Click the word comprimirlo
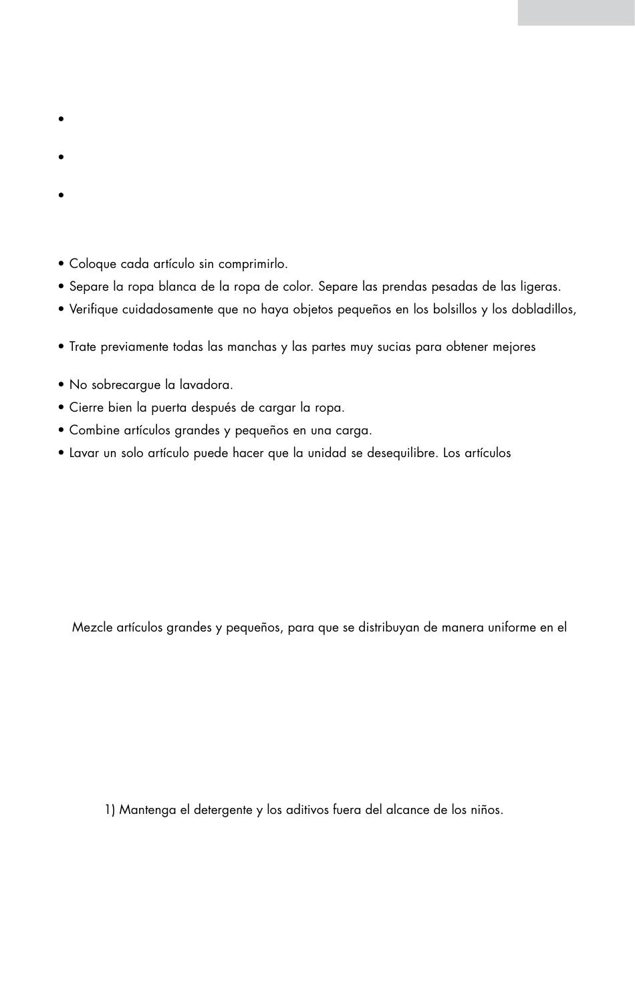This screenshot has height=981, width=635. point(253,265)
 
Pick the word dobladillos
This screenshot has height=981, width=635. point(541,309)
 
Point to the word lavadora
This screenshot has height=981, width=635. point(207,385)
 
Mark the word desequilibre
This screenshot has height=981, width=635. point(400,453)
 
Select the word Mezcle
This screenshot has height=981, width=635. point(92,628)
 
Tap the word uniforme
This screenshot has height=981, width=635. point(512,628)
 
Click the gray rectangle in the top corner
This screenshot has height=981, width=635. point(576,13)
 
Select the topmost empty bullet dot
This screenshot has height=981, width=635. point(61,119)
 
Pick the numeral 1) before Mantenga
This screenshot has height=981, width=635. point(110,810)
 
